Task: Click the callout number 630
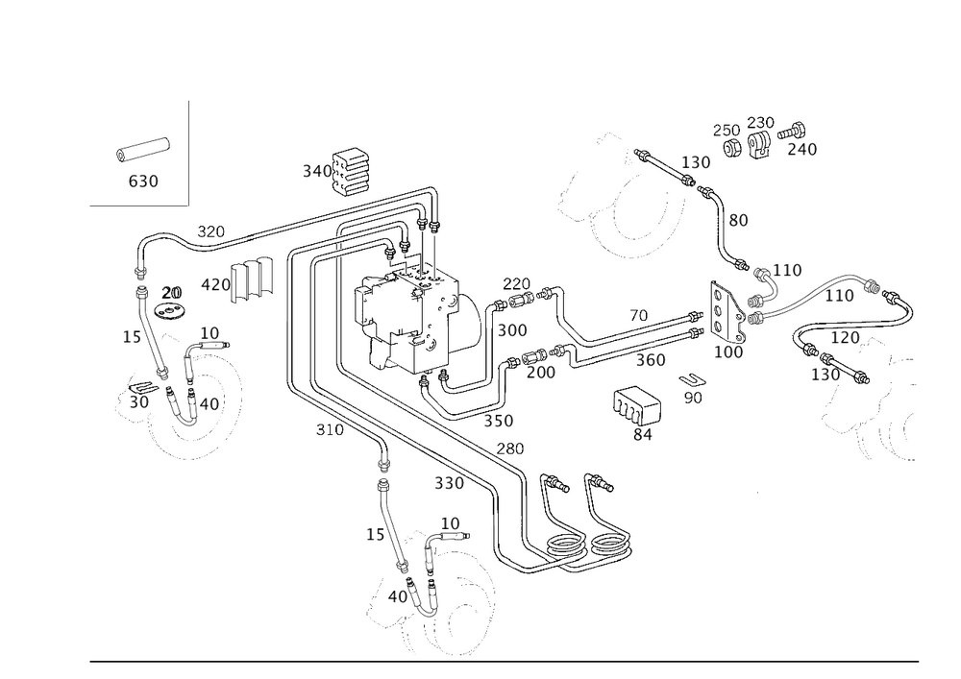(143, 181)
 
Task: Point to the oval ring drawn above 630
(143, 151)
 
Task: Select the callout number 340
(316, 171)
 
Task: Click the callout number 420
(213, 284)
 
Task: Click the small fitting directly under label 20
(170, 311)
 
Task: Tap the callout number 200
(541, 371)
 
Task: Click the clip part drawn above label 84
(637, 405)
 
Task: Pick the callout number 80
(738, 221)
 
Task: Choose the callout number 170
(847, 338)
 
